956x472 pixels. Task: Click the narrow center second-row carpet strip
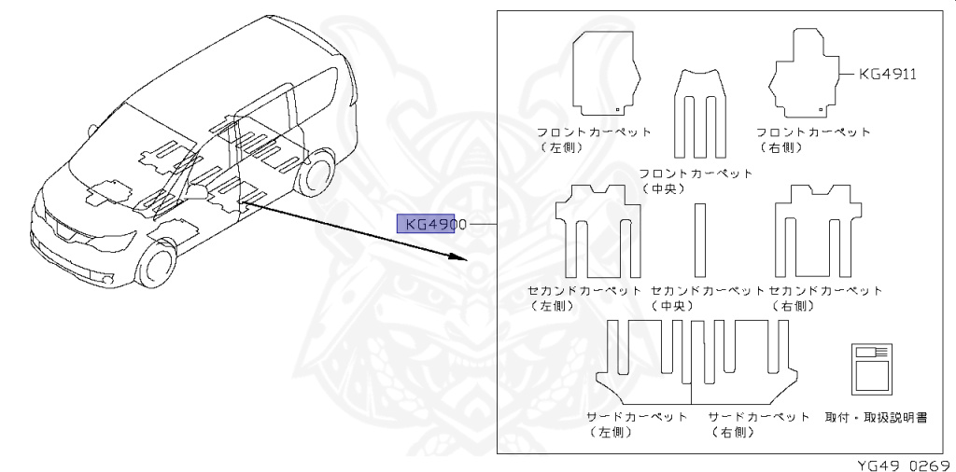[x=699, y=239]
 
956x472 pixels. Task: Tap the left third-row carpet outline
[x=644, y=363]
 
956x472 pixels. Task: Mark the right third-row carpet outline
[x=747, y=363]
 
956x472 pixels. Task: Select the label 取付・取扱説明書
[x=877, y=417]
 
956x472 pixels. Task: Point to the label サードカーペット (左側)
[x=637, y=423]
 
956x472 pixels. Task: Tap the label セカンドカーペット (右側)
[x=825, y=298]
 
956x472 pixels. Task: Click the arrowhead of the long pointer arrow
[x=459, y=255]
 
